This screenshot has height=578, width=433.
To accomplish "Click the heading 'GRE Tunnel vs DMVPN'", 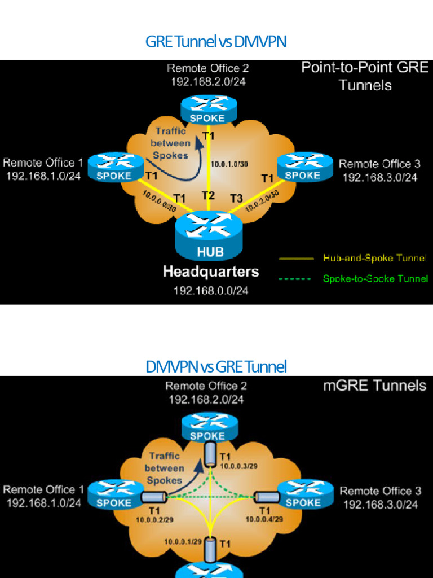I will click(216, 42).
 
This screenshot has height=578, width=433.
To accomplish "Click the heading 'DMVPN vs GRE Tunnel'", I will click(216, 367).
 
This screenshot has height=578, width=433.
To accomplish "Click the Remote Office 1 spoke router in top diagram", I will click(116, 167).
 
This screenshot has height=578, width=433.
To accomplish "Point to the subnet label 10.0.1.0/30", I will click(229, 164).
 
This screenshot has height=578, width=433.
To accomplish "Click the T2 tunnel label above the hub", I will click(209, 196).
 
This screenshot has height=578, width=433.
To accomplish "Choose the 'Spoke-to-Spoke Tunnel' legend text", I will click(375, 278).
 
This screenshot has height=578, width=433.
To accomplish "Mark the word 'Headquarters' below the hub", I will click(211, 272).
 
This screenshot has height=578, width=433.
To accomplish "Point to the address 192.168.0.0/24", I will click(211, 290).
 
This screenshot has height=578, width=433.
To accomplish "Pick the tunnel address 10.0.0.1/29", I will click(183, 541).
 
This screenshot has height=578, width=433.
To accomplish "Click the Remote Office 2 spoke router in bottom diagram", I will click(207, 427).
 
